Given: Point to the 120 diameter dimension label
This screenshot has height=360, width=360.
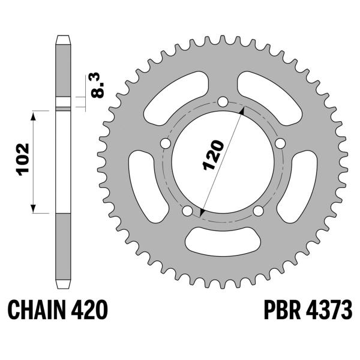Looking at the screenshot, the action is click(x=213, y=155).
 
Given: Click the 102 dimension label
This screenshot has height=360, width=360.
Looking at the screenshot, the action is click(x=23, y=160).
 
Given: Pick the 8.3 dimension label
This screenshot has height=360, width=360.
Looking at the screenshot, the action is click(x=97, y=85).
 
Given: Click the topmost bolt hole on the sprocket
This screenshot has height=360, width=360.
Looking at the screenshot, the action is click(x=223, y=102).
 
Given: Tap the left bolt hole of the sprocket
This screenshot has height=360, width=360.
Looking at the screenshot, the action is click(x=166, y=143).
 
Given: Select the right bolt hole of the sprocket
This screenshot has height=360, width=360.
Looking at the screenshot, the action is click(x=280, y=143).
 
